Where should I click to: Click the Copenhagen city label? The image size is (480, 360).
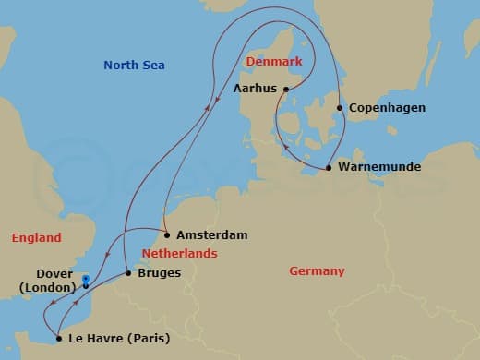(388, 108)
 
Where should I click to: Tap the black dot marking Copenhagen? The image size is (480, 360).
(340, 108)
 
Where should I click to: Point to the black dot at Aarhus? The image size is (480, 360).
(286, 90)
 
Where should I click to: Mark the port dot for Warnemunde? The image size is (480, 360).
(330, 168)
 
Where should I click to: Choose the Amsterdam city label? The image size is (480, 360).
(211, 235)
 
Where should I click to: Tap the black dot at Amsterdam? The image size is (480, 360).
(167, 235)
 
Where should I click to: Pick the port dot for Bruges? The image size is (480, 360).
(127, 273)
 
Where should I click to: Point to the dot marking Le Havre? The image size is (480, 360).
(58, 338)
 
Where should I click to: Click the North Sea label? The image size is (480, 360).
(133, 65)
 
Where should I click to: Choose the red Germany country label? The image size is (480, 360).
(317, 271)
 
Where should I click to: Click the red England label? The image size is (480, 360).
(36, 238)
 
